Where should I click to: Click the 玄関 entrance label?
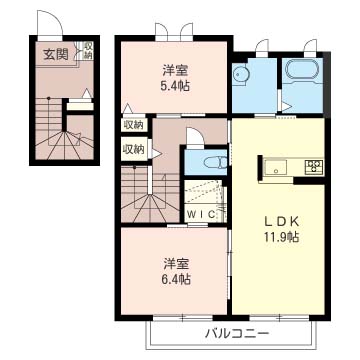click(x=56, y=54)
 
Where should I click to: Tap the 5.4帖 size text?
click(x=176, y=86)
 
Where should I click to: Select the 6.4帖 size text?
click(x=176, y=279)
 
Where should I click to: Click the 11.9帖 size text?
click(x=278, y=237)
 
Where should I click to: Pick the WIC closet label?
click(x=201, y=215)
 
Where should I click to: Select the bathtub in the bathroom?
click(x=302, y=70)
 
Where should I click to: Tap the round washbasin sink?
click(x=239, y=73)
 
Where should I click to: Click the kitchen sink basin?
click(x=276, y=167)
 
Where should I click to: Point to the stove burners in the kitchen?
click(x=314, y=166)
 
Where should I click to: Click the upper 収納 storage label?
click(x=134, y=125)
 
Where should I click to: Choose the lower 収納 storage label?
click(x=134, y=149)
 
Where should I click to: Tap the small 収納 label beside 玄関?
click(x=88, y=50)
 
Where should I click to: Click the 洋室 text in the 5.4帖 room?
click(x=176, y=71)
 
